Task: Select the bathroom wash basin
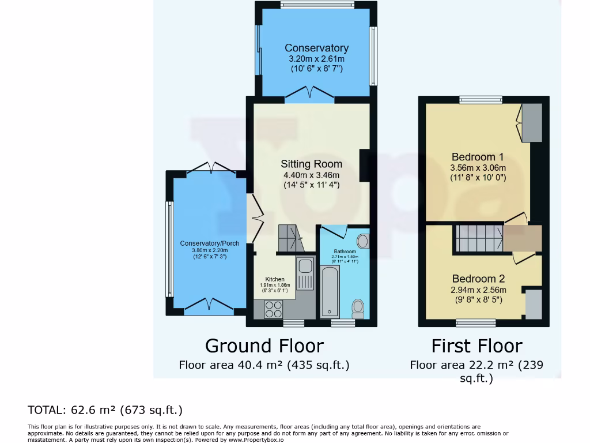click(363, 241)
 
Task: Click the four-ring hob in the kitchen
click(273, 310)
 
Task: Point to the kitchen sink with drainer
click(305, 275)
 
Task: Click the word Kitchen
click(274, 279)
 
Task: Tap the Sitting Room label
click(311, 164)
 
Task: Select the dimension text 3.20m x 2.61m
click(316, 59)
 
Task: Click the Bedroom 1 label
click(478, 157)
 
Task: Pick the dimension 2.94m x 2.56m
click(478, 290)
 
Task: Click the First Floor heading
click(476, 346)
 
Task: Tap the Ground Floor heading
click(264, 346)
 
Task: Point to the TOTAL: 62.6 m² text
click(105, 410)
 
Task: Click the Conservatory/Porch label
click(210, 243)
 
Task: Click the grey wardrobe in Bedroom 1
click(532, 123)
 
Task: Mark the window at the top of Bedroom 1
click(478, 100)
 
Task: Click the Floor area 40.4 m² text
click(264, 365)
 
